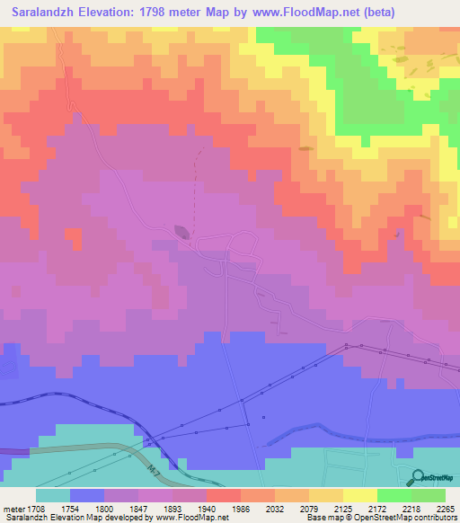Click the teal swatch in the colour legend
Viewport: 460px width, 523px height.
[x=52, y=495]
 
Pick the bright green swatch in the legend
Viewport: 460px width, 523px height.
[x=394, y=495]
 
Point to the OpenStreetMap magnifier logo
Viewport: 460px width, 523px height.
[x=418, y=476]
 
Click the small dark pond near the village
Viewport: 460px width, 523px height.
[x=182, y=232]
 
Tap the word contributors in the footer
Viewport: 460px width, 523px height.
[x=435, y=518]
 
